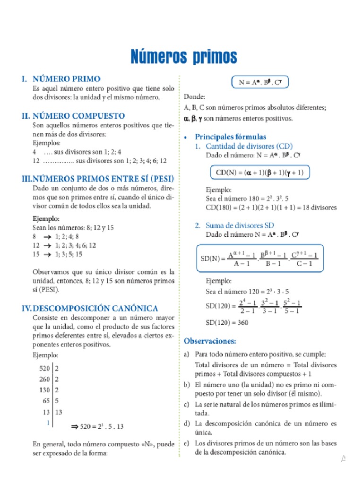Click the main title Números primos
pyautogui.click(x=183, y=57)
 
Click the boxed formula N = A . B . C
pyautogui.click(x=260, y=82)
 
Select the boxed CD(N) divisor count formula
pyautogui.click(x=259, y=173)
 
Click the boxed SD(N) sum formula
pyautogui.click(x=259, y=258)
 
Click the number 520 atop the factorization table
pyautogui.click(x=45, y=368)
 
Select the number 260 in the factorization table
pyautogui.click(x=45, y=379)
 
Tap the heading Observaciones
pyautogui.click(x=209, y=340)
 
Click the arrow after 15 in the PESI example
pyautogui.click(x=47, y=254)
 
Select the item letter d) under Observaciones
pyautogui.click(x=187, y=423)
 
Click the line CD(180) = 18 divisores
pyautogui.click(x=271, y=207)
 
